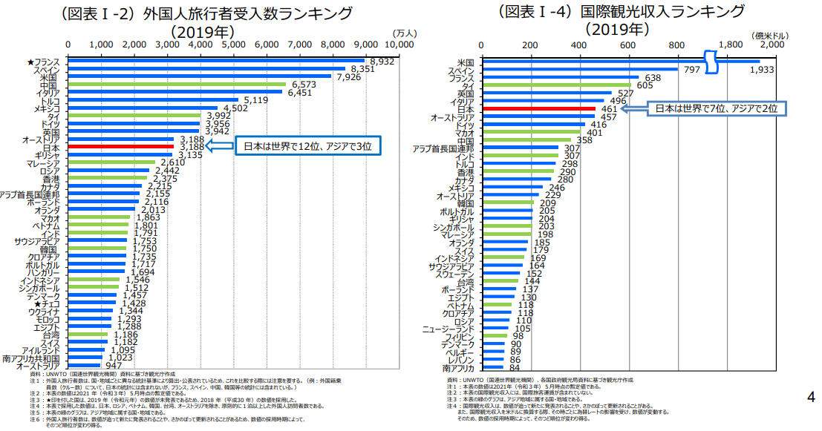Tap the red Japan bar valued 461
pos(538,109)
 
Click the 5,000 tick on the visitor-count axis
pos(234,45)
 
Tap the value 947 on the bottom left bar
pos(114,366)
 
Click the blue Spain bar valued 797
pos(579,69)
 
